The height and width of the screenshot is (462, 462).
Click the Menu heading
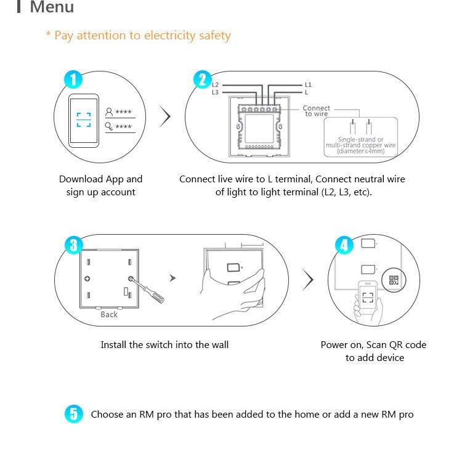(52, 8)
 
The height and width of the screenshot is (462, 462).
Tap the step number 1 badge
(73, 79)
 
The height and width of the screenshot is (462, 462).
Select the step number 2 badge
(203, 79)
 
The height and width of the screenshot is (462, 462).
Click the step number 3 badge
(73, 245)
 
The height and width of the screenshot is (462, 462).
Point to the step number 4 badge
(344, 245)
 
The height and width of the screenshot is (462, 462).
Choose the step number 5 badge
(73, 414)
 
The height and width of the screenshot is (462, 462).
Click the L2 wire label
(215, 84)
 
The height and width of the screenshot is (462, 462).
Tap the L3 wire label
(215, 92)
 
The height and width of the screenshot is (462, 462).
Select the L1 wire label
(308, 84)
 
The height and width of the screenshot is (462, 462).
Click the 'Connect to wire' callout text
(317, 111)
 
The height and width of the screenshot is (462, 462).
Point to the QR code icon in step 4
(394, 280)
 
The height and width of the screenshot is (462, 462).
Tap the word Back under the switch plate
(109, 314)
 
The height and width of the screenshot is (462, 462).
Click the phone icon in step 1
(83, 120)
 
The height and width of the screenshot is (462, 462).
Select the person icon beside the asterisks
(110, 112)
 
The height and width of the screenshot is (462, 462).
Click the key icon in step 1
(110, 126)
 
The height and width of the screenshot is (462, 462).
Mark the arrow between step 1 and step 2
(164, 116)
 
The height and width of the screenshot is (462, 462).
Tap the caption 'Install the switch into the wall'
(164, 345)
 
